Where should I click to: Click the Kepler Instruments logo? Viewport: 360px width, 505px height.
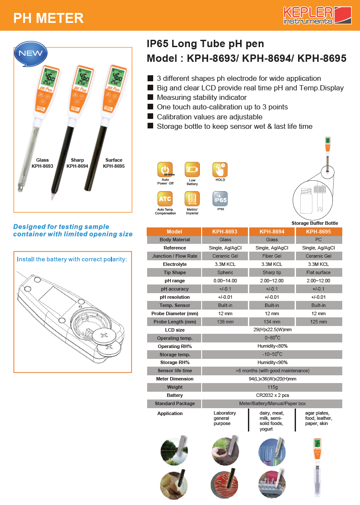coord(318,15)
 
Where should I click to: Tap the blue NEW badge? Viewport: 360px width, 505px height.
coord(31,54)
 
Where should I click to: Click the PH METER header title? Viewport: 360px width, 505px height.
coord(48,18)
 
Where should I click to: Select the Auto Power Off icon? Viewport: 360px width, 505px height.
coord(165,169)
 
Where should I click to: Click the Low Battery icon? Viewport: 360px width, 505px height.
coord(192,169)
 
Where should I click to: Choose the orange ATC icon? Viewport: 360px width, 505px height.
coord(165,199)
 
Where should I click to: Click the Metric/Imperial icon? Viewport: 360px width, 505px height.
coord(192,199)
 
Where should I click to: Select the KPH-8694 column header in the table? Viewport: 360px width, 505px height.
coord(272,232)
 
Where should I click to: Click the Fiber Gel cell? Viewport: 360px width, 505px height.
coord(272,256)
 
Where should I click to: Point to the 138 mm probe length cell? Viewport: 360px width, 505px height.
coord(225,322)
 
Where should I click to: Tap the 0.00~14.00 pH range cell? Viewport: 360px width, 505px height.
coord(225,281)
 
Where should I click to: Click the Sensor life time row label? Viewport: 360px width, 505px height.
coord(175,371)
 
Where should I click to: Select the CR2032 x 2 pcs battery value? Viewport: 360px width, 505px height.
coord(272,396)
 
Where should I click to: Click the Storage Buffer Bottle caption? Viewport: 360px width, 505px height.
coord(315,223)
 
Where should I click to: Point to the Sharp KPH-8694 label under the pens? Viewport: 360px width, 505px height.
coord(77,163)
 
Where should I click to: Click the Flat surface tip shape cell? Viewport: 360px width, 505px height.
coord(318,272)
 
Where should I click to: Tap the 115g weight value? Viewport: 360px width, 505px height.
coord(272,387)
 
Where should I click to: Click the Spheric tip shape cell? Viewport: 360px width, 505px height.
coord(225,272)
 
